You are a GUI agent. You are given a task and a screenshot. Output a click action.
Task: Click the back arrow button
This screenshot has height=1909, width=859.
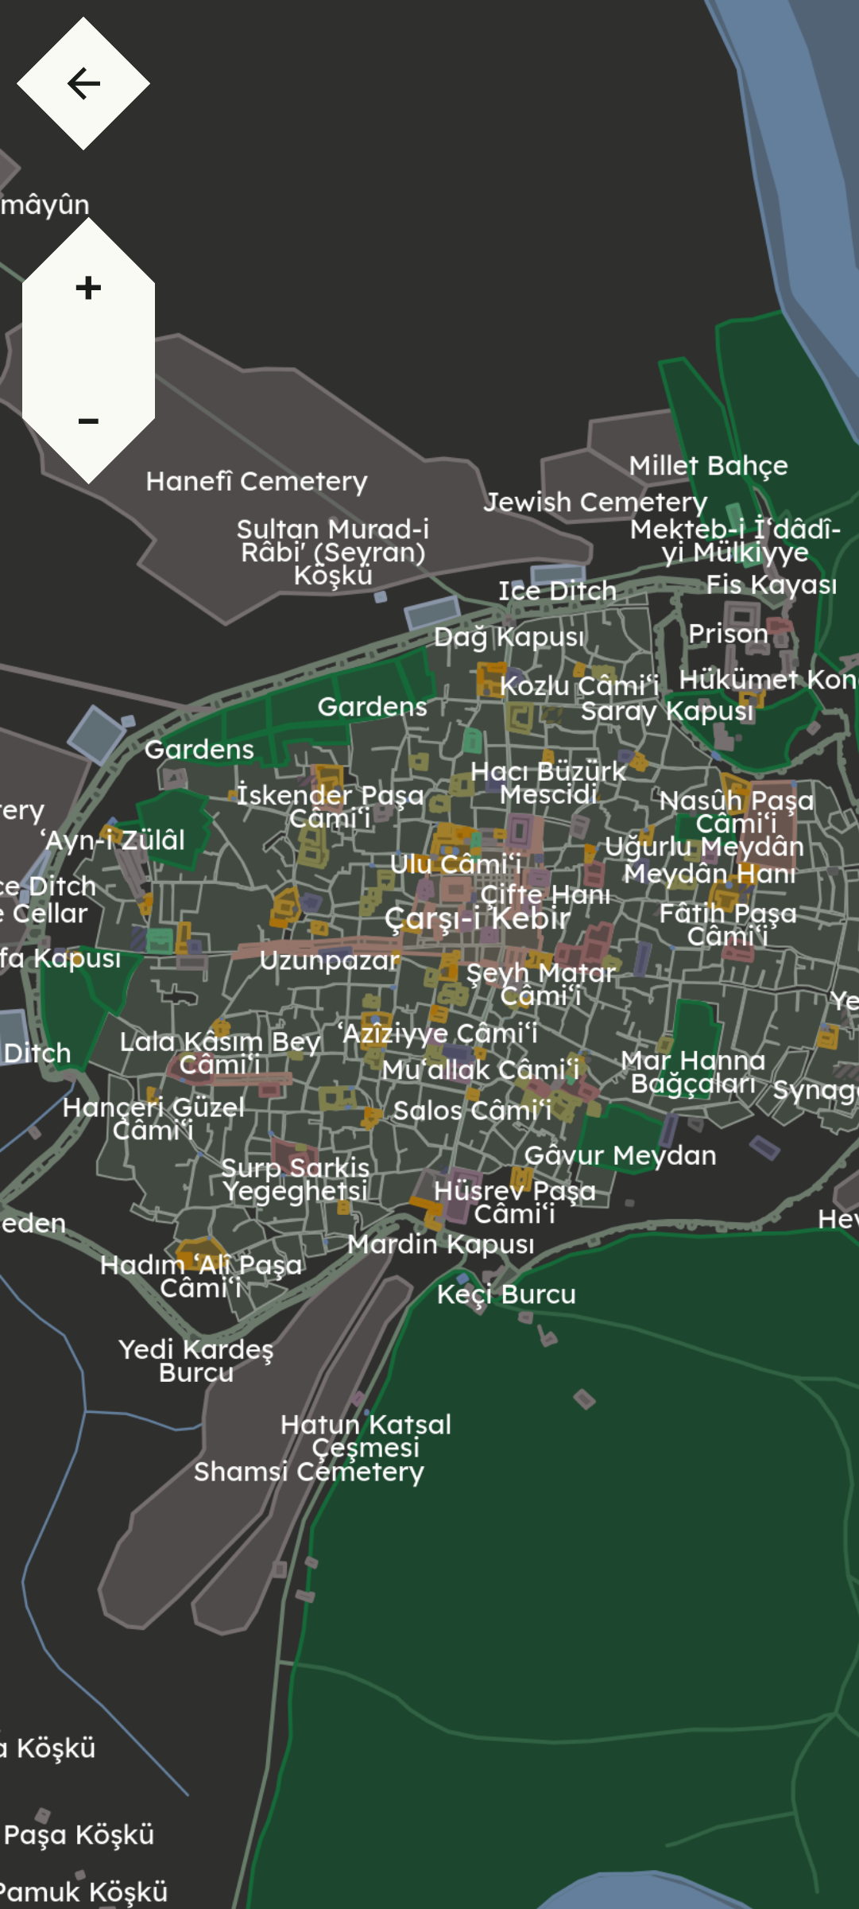tap(83, 83)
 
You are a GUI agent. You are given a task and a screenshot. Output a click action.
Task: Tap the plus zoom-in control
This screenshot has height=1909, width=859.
tap(88, 288)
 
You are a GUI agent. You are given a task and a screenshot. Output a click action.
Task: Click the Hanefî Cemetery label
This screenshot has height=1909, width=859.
tap(256, 481)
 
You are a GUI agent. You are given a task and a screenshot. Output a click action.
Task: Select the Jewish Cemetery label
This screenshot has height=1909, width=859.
tap(595, 502)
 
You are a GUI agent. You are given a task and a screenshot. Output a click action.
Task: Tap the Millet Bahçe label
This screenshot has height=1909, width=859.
tap(708, 465)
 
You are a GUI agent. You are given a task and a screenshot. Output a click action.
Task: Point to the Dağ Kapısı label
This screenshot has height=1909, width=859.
tap(509, 637)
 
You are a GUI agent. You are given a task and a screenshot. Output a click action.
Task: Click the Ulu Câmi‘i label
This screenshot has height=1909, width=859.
tap(455, 864)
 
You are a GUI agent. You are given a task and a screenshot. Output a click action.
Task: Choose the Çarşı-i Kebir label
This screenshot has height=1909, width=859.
tap(477, 918)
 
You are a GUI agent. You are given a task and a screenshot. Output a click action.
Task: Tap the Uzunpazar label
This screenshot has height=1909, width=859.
tap(329, 960)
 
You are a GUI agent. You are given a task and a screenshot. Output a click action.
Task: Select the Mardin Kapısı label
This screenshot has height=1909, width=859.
tap(440, 1244)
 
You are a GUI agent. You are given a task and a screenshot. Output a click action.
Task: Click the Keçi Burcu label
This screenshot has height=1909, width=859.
tap(506, 1294)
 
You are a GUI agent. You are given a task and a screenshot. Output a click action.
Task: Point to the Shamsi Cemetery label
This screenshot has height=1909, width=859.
tap(308, 1472)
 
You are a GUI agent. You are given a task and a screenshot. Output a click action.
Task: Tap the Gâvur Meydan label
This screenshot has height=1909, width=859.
tap(620, 1155)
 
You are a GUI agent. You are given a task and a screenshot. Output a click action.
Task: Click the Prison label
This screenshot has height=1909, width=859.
tap(728, 634)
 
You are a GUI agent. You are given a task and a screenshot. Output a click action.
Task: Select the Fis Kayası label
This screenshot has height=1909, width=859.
tap(771, 584)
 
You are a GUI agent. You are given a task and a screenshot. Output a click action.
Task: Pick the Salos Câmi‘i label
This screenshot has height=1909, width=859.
tap(472, 1110)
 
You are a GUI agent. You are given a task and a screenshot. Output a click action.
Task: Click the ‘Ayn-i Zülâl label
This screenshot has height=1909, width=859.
tap(114, 840)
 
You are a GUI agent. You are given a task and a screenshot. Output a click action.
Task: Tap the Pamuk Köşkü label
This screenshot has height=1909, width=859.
tap(85, 1892)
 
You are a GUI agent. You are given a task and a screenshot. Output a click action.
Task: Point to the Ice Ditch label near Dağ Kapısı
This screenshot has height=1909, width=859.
tap(557, 591)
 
